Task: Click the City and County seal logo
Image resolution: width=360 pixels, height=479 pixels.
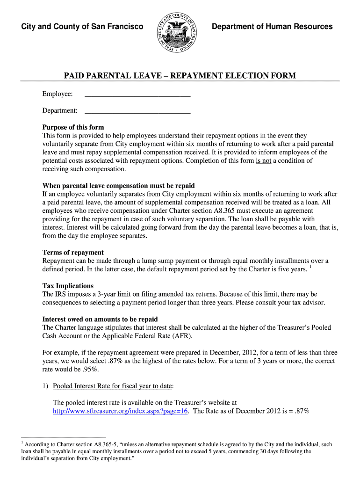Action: pyautogui.click(x=177, y=32)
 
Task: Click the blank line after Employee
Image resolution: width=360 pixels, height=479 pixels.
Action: pyautogui.click(x=137, y=95)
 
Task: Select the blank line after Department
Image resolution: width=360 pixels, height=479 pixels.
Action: pyautogui.click(x=137, y=112)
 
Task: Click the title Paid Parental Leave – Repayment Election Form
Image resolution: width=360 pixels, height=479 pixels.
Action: pyautogui.click(x=180, y=76)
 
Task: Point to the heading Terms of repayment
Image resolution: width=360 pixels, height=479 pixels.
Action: pyautogui.click(x=73, y=253)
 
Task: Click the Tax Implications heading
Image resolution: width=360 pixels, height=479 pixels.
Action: pyautogui.click(x=68, y=286)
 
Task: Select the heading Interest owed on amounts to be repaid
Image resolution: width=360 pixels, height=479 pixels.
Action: pyautogui.click(x=100, y=319)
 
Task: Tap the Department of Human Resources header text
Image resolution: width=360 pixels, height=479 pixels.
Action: pyautogui.click(x=272, y=27)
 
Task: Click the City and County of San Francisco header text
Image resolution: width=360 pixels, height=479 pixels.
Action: pyautogui.click(x=82, y=27)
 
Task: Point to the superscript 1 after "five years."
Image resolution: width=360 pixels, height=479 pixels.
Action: pyautogui.click(x=310, y=267)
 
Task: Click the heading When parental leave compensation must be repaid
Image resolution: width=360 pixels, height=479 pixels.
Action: pyautogui.click(x=118, y=186)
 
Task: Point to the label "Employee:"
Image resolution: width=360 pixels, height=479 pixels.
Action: pyautogui.click(x=58, y=94)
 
